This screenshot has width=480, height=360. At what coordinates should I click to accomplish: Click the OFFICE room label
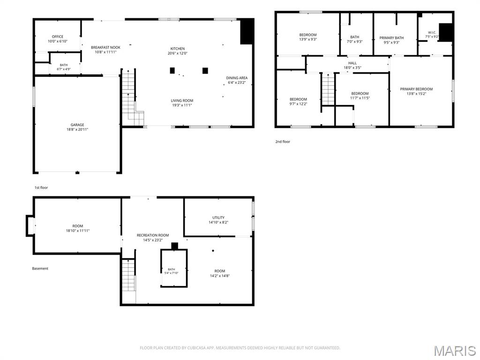[58, 37]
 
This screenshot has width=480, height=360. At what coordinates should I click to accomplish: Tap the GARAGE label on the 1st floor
[77, 125]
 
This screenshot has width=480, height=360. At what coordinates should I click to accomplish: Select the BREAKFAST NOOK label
[105, 47]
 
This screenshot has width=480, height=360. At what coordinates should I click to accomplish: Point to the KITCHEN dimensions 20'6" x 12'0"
[178, 53]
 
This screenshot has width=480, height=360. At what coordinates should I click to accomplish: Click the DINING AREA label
[237, 78]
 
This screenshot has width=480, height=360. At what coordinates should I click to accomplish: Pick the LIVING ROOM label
[182, 101]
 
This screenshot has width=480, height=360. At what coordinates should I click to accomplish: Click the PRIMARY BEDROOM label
[416, 89]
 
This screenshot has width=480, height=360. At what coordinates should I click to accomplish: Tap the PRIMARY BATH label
[391, 38]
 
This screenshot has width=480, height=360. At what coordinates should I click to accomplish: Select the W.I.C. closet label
[432, 32]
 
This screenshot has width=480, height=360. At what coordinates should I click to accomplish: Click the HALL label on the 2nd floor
[352, 63]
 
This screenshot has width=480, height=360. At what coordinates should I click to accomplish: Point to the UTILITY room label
[218, 217]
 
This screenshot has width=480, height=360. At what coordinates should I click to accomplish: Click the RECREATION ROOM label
[153, 235]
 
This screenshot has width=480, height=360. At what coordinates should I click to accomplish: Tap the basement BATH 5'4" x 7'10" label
[172, 271]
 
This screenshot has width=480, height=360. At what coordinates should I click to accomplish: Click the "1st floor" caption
[41, 187]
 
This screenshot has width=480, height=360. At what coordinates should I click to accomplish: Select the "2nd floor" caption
[283, 142]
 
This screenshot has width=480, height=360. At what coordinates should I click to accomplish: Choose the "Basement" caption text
[40, 269]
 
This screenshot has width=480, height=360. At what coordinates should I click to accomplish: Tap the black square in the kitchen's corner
[247, 31]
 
